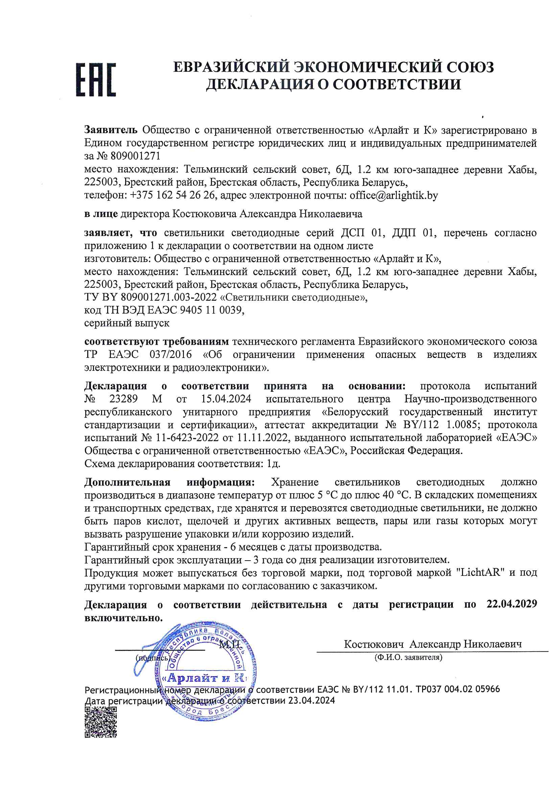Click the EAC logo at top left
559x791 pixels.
(x=96, y=80)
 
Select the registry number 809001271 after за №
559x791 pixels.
(x=135, y=156)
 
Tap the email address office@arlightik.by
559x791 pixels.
(x=394, y=195)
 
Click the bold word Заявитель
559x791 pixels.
(x=111, y=130)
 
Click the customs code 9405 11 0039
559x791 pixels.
(x=211, y=310)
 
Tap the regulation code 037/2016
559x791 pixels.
(x=170, y=355)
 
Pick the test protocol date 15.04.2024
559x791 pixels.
(x=226, y=399)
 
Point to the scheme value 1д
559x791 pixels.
(x=274, y=464)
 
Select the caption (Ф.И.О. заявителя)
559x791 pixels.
(x=408, y=657)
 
